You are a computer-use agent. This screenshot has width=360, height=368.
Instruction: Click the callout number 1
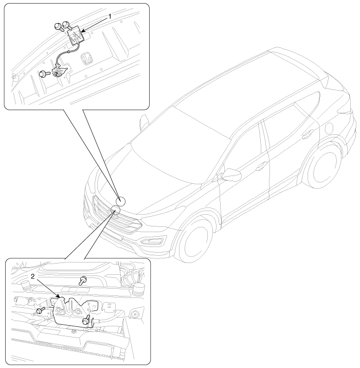coord(110,16)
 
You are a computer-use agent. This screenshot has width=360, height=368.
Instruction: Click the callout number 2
coord(32,276)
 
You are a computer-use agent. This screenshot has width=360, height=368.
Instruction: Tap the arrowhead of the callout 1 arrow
coord(83,31)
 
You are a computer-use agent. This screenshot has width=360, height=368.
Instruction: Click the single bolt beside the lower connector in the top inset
coord(44,74)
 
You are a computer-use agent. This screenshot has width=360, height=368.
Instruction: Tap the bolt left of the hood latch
coord(40,310)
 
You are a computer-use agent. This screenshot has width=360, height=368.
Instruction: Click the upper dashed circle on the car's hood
coord(120,201)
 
